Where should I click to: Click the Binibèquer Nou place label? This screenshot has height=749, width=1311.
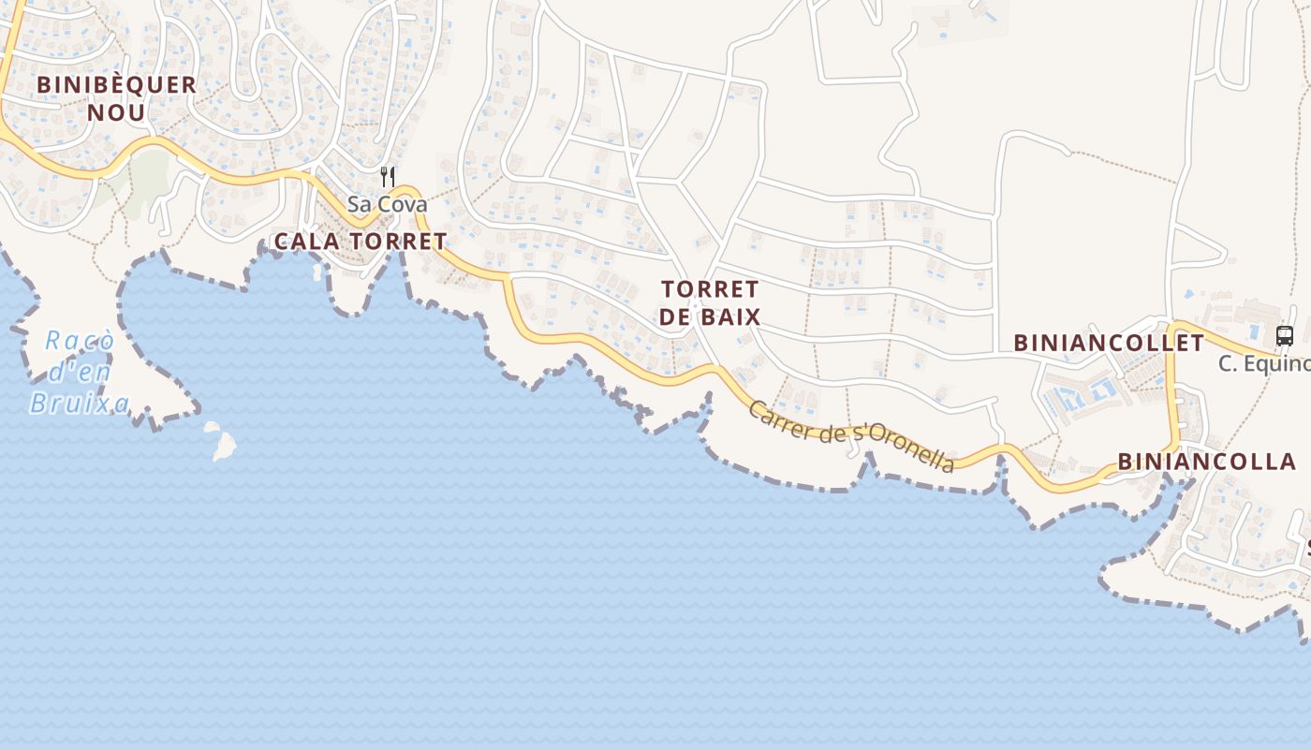point(116,98)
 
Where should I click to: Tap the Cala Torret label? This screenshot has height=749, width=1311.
point(361,242)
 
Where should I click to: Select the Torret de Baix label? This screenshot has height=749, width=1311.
point(709,302)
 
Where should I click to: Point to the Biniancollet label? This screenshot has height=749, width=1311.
point(1109,343)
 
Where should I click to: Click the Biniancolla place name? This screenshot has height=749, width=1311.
point(1206,462)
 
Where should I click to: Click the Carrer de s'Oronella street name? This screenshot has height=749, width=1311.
point(852,436)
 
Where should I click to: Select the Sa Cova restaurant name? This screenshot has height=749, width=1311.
point(387,204)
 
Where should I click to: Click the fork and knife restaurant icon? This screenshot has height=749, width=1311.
point(388,176)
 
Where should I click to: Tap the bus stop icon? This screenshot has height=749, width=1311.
point(1284,336)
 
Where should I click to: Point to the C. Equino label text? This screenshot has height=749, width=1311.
point(1264,363)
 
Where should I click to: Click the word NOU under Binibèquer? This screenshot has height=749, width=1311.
point(116,113)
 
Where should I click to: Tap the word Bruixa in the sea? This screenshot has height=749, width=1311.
point(79,403)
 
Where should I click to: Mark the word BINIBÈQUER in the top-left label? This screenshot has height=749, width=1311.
point(116,84)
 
